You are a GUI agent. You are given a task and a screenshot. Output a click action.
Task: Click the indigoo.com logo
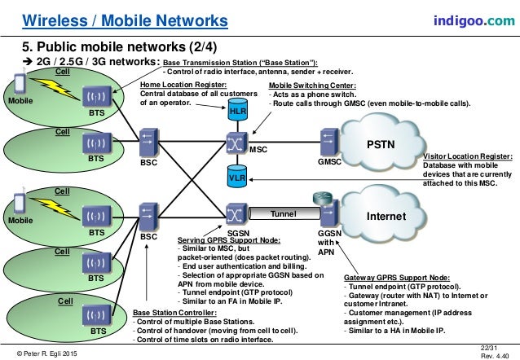click(474, 19)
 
